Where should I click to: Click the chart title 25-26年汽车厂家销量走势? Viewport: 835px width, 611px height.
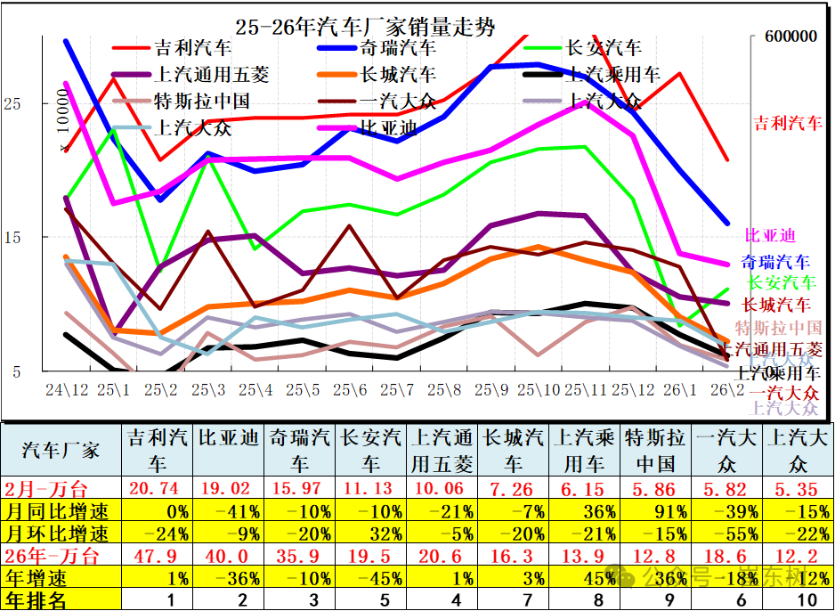[366, 27]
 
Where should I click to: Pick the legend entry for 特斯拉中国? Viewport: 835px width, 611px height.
[200, 102]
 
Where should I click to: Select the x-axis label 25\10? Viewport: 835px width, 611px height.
[540, 390]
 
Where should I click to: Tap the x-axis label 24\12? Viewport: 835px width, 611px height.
[67, 390]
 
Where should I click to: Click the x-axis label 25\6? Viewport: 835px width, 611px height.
[351, 390]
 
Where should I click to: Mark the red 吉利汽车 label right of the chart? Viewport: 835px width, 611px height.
[788, 124]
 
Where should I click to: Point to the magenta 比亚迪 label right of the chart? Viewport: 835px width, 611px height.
[770, 236]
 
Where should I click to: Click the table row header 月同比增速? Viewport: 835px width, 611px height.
[56, 511]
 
